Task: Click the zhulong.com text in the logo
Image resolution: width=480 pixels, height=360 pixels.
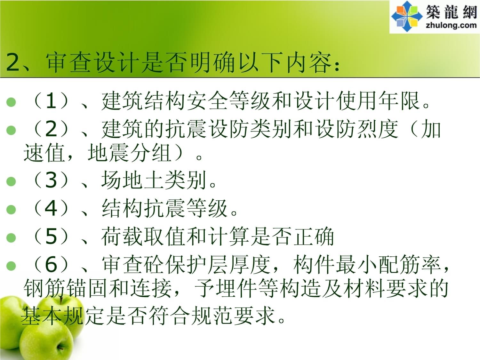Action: pos(451,25)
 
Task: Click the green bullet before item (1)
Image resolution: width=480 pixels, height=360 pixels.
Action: pos(11,102)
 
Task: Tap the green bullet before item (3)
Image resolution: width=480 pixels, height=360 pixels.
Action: pos(11,181)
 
